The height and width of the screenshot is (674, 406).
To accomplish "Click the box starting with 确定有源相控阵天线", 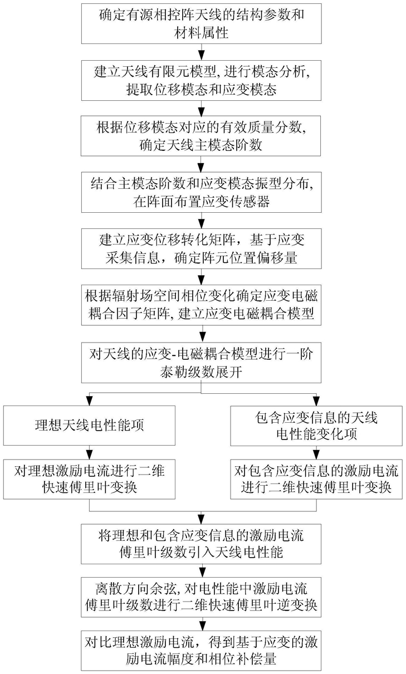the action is [x=201, y=23].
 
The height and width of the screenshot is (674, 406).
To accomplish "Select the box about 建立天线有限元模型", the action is [x=201, y=80].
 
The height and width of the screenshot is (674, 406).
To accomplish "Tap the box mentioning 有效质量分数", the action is [x=201, y=136].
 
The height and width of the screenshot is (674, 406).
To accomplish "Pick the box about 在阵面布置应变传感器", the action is [x=201, y=192].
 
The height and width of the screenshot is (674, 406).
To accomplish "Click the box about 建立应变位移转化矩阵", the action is [x=201, y=248].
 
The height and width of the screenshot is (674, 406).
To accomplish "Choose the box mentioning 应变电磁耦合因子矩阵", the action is [x=201, y=305].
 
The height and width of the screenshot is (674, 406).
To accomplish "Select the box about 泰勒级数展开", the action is [x=201, y=363].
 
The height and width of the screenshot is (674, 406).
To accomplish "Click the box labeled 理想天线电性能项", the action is [x=89, y=426].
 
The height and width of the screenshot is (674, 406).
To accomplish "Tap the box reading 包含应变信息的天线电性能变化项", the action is [x=316, y=426].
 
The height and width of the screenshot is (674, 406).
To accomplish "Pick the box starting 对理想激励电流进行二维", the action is [x=89, y=479].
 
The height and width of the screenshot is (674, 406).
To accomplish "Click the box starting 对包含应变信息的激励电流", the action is [x=316, y=479].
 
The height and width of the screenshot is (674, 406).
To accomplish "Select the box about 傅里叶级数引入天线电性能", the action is [x=201, y=544].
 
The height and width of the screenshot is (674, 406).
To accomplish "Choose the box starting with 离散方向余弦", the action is [x=201, y=597].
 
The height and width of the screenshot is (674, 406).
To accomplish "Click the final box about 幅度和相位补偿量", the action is [x=201, y=651].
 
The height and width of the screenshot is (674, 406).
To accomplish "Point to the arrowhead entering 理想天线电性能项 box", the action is [x=89, y=402].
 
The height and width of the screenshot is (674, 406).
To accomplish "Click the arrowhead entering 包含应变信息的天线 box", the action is [x=316, y=402].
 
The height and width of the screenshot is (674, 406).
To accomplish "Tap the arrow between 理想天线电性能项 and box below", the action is [x=89, y=452].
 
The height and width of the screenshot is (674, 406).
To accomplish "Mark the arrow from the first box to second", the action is [x=201, y=52].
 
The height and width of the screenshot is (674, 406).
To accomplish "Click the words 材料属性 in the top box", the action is [x=201, y=32].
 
